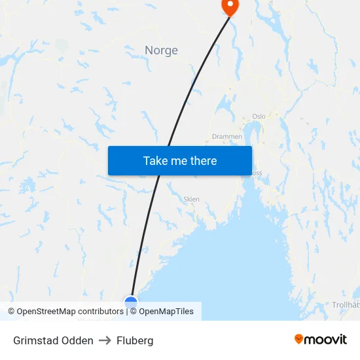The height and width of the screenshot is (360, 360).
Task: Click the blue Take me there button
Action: point(180,160)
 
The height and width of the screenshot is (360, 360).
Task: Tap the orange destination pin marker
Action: point(230,6)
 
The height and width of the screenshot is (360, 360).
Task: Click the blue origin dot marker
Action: point(131,302)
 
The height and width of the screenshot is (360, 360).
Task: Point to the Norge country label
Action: point(161,50)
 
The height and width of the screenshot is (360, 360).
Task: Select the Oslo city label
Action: point(259,117)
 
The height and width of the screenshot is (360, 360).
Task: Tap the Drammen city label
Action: point(227,137)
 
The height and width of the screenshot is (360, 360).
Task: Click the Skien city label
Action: point(191,199)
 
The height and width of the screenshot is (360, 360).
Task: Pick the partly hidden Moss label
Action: point(257,174)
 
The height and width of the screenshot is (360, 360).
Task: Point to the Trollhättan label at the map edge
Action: point(345,305)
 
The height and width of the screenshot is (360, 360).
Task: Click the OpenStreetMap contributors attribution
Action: point(65,312)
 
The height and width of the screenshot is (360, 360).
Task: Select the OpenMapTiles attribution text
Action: point(166,312)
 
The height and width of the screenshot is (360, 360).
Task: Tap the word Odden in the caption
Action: point(78,340)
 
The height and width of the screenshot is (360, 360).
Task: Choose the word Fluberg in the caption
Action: point(135,340)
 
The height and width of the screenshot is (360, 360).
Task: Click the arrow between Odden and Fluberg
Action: point(105,340)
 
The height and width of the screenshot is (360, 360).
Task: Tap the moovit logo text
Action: point(326,339)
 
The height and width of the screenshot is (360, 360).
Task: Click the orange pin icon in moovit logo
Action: point(299,339)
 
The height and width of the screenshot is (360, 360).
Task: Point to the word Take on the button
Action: point(155,160)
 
